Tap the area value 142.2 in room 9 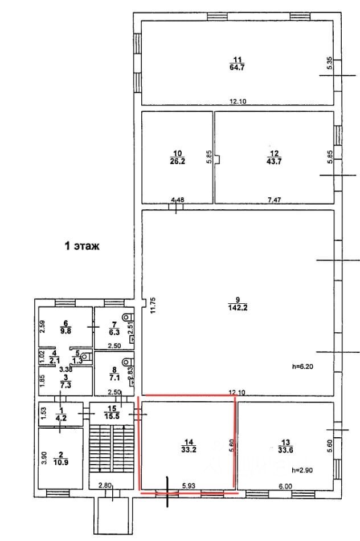point(237,309)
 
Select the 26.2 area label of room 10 point(177,161)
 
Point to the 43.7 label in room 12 point(274,161)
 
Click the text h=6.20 point(302,367)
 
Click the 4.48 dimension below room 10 point(178,200)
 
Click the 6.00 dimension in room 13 point(285,485)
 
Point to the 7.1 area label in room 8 point(112,376)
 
